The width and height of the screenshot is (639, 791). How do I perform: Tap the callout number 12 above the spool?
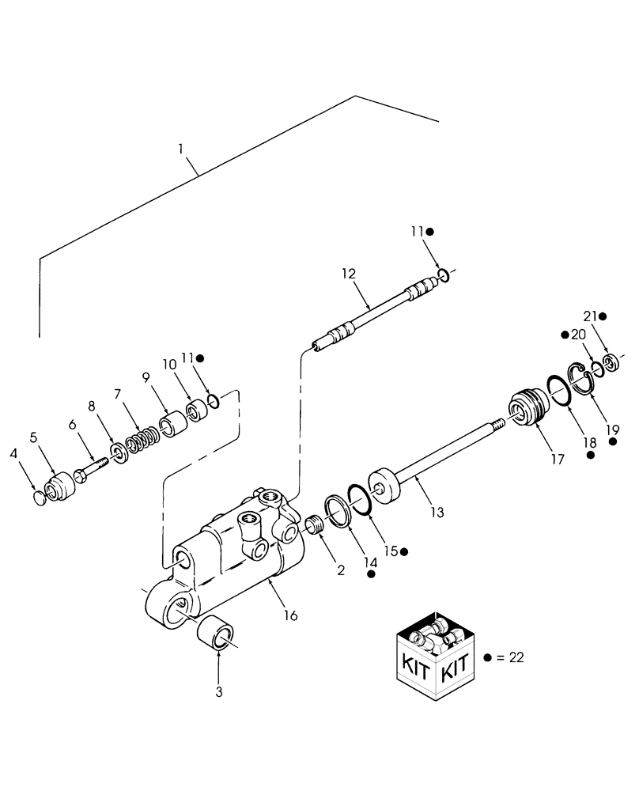pos(350,274)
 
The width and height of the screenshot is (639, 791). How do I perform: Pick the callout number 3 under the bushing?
pos(219,691)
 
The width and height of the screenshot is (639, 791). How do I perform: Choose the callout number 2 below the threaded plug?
pos(341,570)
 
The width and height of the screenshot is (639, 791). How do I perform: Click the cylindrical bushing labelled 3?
pos(218,633)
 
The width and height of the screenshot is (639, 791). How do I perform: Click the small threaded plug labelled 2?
pos(316,524)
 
